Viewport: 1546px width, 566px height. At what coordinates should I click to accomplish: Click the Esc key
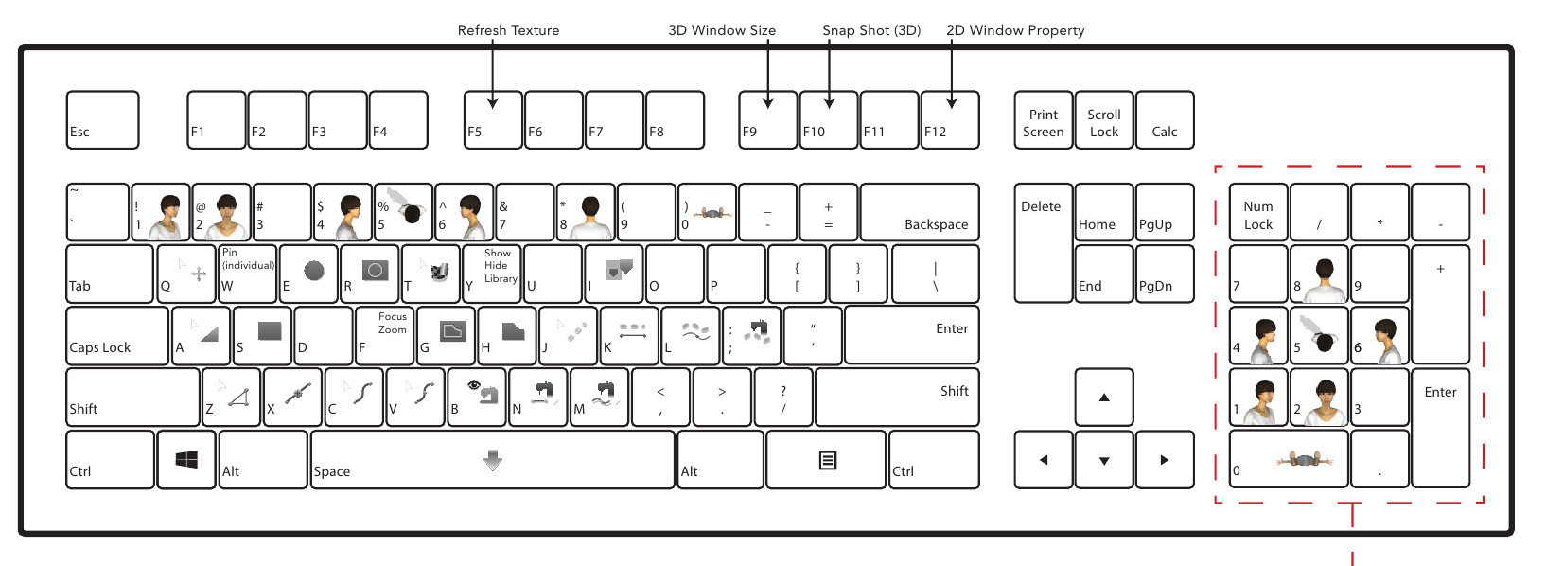pos(102,120)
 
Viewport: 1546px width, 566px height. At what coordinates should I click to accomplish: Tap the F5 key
pos(493,120)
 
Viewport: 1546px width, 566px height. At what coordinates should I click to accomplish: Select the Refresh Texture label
pos(508,30)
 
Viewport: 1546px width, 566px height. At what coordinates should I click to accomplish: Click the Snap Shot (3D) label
pos(871,30)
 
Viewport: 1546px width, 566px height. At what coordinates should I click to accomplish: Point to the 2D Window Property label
pos(1015,30)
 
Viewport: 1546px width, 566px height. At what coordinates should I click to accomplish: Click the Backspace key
pos(920,213)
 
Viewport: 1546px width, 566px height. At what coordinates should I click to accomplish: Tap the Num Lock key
pos(1258,213)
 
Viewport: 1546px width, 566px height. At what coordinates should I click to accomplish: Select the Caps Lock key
pos(117,336)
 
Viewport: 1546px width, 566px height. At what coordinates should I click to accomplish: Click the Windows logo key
pos(186,460)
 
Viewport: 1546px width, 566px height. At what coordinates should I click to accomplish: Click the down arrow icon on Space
pos(493,461)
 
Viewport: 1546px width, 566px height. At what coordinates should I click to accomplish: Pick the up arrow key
pos(1104,398)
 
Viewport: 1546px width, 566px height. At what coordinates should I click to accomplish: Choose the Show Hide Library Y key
pos(492,274)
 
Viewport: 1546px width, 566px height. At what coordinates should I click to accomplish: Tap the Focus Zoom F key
pos(385,336)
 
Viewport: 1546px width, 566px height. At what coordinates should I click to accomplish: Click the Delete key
pos(1043,243)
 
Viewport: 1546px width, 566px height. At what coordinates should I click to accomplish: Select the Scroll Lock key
pos(1104,120)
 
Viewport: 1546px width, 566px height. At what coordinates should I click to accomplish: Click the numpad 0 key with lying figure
pos(1289,460)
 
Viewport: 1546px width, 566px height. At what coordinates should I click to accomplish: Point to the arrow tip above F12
pos(952,104)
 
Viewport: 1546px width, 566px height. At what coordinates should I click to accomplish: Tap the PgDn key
pos(1164,274)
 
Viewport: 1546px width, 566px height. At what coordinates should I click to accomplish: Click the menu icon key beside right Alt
pos(827,460)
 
